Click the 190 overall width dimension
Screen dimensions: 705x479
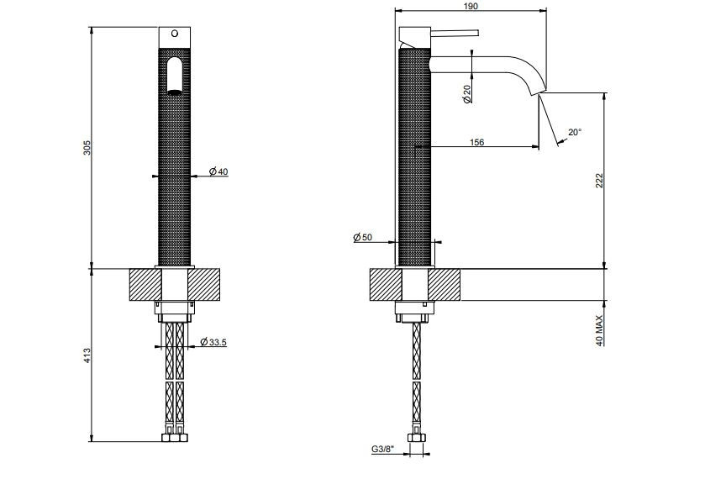(x=470, y=6)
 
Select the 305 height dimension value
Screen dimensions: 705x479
(x=87, y=148)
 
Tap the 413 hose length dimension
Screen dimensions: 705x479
(x=87, y=355)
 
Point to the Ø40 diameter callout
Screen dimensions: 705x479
(x=218, y=171)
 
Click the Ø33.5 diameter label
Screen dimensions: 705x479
(x=213, y=342)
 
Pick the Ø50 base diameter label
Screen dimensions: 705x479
(x=363, y=237)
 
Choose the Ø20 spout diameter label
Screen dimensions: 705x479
(x=467, y=93)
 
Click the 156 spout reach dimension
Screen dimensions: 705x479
(x=476, y=142)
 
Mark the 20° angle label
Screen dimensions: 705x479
(x=575, y=132)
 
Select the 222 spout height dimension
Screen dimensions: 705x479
(x=599, y=181)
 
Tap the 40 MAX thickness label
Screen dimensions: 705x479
(x=599, y=330)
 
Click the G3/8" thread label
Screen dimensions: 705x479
(x=382, y=449)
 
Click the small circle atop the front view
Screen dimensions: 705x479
(x=175, y=34)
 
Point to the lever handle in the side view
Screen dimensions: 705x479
(x=455, y=33)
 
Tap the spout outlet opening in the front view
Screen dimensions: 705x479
(x=175, y=92)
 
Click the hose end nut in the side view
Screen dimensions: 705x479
(x=416, y=438)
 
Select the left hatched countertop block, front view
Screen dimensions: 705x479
(x=145, y=285)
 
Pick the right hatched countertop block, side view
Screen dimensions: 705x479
(x=445, y=285)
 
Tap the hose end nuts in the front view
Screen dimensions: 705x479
(x=175, y=438)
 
